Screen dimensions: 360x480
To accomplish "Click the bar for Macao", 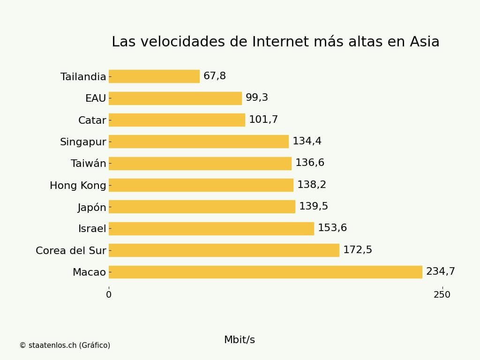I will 265,272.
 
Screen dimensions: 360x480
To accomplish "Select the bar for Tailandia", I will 154,76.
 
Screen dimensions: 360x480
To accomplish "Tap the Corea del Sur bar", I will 224,250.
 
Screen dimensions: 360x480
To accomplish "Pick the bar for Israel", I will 211,229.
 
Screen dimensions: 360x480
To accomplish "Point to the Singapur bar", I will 199,142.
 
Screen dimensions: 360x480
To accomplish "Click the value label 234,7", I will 440,272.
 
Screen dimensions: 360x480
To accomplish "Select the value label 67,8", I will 215,76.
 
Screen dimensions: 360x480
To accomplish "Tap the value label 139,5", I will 314,207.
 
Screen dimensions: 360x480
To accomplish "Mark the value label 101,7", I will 263,120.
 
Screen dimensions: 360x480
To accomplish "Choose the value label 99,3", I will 257,98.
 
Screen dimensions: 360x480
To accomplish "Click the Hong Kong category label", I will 78,186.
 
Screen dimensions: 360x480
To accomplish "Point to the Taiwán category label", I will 89,164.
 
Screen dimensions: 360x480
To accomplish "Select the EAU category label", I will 96,98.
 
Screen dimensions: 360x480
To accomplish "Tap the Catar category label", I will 92,120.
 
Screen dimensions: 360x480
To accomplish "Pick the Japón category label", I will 92,207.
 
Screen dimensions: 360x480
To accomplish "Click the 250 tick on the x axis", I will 442,295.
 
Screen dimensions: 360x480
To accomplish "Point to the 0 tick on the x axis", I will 109,295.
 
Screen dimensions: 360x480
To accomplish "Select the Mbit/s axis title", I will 240,340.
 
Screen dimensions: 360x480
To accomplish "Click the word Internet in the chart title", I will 280,42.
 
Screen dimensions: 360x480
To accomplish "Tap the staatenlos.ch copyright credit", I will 65,345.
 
